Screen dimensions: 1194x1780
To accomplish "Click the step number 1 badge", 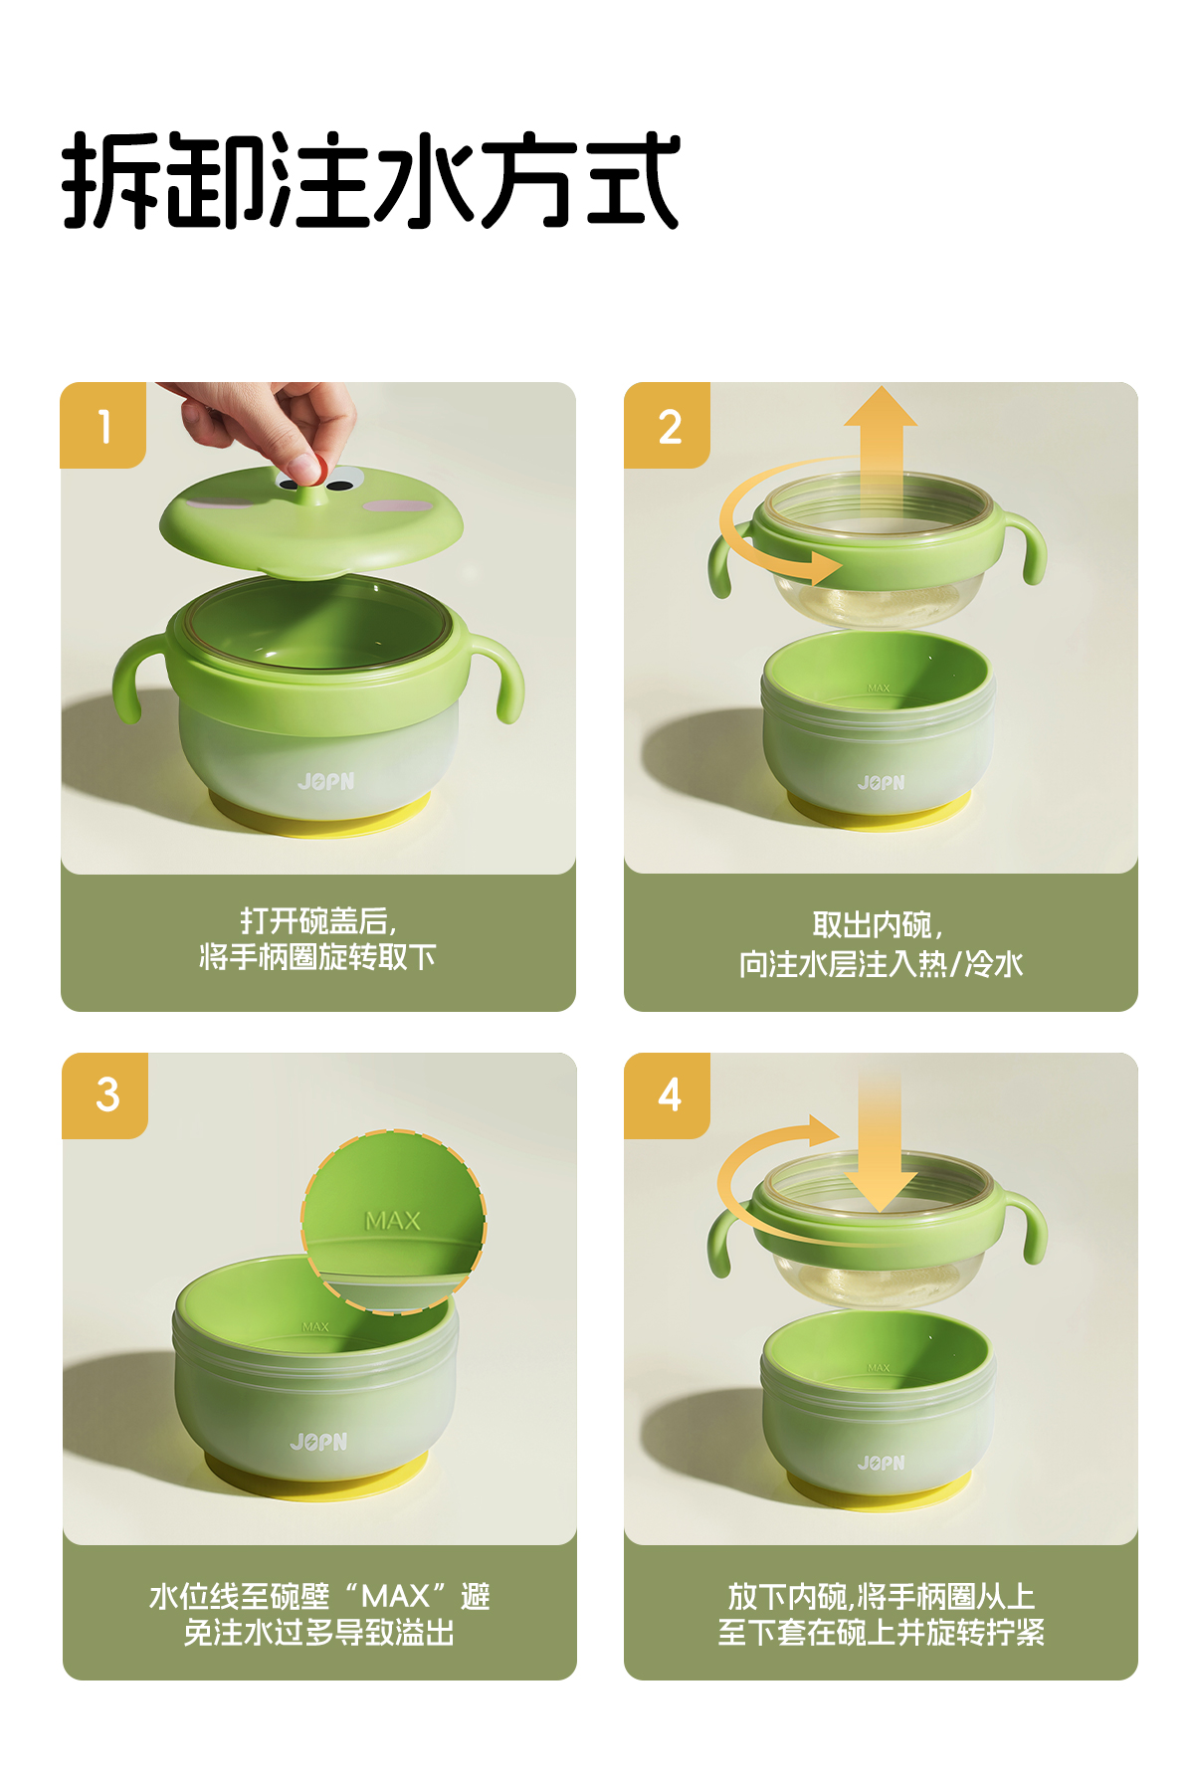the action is coord(103,425).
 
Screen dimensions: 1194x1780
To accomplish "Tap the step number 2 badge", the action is coord(667,425).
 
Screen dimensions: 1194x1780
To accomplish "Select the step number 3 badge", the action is coord(104,1095).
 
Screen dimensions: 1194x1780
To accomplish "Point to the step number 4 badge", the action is coord(667,1095).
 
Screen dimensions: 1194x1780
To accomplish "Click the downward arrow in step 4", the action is coord(881,1144).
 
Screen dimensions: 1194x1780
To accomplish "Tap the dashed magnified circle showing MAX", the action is coord(393,1222).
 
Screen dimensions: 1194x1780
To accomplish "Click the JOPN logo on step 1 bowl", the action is coord(325,782).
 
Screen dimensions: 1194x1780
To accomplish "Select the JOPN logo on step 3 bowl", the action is coord(318,1442).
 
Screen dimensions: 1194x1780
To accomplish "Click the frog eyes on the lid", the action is coord(314,485).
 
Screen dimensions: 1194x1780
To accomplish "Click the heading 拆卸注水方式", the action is coord(370,180).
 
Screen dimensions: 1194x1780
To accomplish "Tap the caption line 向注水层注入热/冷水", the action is coord(881,963).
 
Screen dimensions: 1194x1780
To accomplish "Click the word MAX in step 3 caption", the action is coord(395,1596).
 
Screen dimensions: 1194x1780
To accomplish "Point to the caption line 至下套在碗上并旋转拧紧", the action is coord(881,1632).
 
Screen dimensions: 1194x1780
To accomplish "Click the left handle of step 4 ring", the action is coord(724,1239).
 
